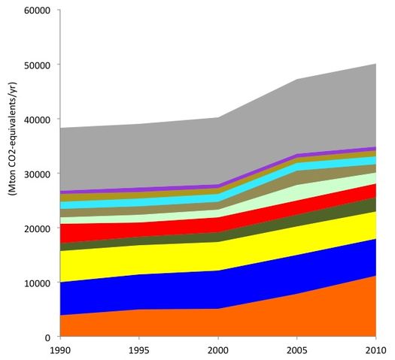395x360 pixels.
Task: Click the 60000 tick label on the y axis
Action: (37, 11)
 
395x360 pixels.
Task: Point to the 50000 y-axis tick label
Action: (37, 65)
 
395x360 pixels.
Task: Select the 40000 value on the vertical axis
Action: (37, 119)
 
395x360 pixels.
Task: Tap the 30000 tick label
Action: (37, 174)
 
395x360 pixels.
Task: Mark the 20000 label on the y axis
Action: (37, 228)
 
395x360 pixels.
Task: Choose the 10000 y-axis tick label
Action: (37, 283)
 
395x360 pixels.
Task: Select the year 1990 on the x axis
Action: (60, 351)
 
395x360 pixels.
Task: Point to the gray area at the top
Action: (226, 150)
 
